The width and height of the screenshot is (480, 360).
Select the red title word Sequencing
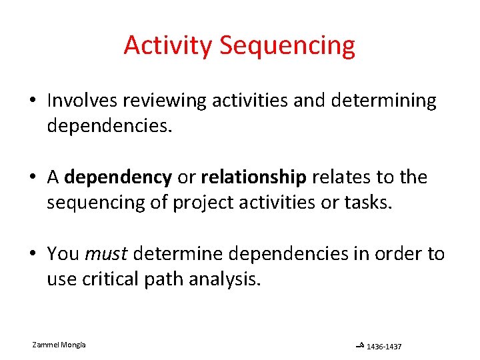(287, 45)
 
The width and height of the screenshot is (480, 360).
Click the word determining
(382, 101)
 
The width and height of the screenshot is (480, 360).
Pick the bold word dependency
(118, 177)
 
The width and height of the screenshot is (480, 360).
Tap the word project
(200, 202)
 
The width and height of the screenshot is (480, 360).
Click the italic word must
(106, 253)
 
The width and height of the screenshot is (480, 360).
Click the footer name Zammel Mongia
(59, 344)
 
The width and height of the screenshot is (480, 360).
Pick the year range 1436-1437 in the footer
(384, 347)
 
